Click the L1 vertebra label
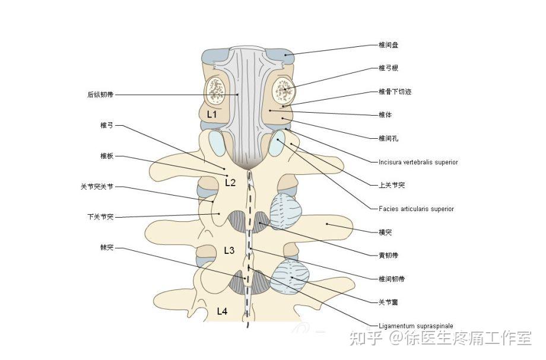click(212, 114)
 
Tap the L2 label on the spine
click(230, 183)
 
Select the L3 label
click(229, 250)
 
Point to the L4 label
click(222, 311)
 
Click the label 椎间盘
click(388, 45)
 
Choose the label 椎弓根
click(388, 68)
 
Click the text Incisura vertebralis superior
click(418, 162)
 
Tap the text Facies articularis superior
click(417, 209)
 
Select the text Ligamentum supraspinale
click(416, 326)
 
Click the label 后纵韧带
click(100, 95)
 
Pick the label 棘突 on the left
click(107, 248)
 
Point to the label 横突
click(385, 232)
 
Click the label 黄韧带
click(388, 255)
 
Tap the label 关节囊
click(388, 302)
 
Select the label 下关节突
click(100, 217)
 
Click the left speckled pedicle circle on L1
click(216, 91)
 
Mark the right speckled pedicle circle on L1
click(284, 90)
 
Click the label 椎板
click(107, 156)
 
